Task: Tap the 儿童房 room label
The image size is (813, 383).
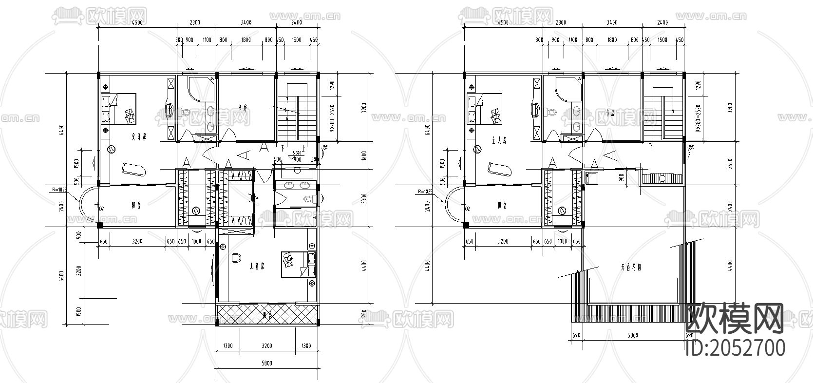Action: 256,266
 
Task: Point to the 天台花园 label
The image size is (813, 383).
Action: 631,267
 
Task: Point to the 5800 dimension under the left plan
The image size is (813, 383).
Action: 267,363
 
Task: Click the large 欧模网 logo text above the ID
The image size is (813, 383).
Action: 734,319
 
